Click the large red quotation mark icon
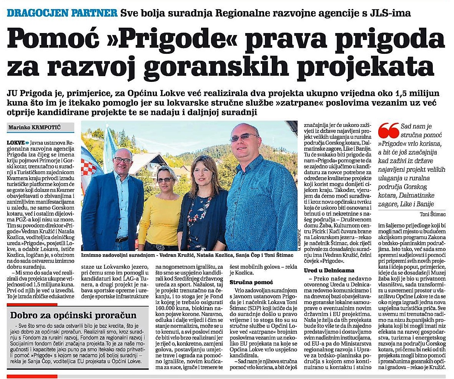(x=388, y=131)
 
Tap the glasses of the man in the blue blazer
(x=122, y=160)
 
